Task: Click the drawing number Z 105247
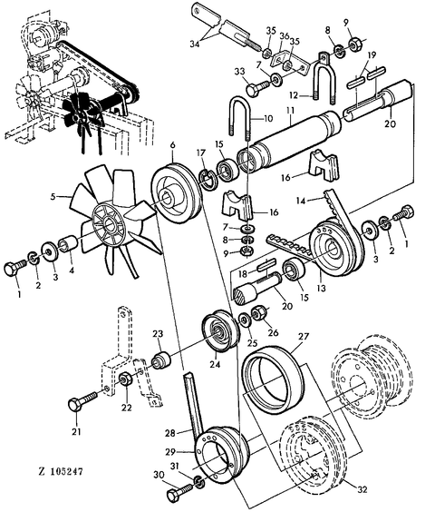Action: pos(62,471)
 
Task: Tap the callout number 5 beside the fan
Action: pos(53,197)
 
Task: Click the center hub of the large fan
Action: pos(109,225)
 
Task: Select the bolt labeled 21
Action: pos(82,402)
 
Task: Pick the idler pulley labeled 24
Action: pos(220,330)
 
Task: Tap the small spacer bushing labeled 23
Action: pos(161,360)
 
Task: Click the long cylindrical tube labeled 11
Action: pos(288,141)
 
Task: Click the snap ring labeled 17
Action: pos(207,179)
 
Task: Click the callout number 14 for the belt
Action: pos(301,201)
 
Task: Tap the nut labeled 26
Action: pos(258,314)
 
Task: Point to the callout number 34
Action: pos(195,44)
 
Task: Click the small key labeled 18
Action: pos(267,264)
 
